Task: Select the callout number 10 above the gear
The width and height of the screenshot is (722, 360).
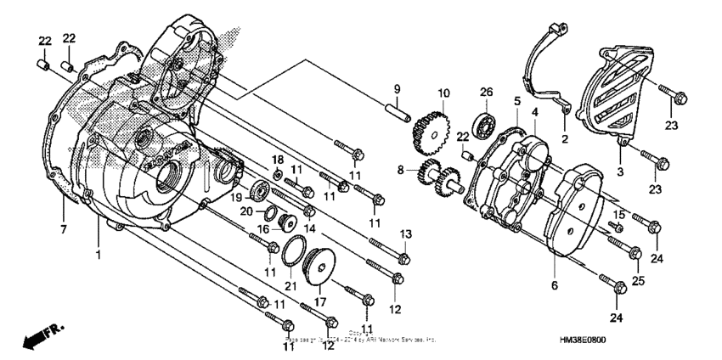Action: tap(443, 93)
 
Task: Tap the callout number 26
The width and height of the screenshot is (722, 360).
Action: tap(486, 92)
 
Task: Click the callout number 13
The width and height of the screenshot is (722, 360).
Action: tap(406, 233)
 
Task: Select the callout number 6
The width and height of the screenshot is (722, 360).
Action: tap(555, 286)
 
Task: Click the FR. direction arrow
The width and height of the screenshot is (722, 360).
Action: tap(34, 338)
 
